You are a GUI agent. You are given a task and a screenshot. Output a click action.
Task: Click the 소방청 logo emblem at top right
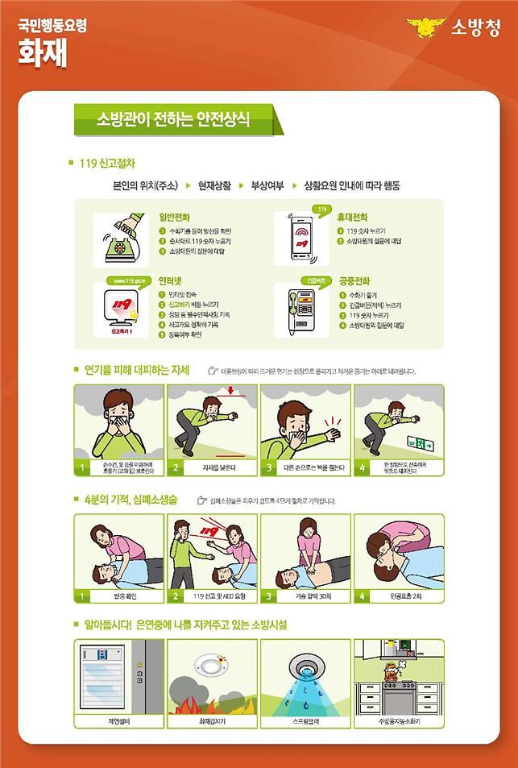click(425, 28)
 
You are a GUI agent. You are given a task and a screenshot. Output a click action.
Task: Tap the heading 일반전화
click(176, 217)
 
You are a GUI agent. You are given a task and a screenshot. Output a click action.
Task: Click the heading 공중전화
click(354, 281)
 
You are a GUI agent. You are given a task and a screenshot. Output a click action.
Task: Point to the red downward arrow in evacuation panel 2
click(231, 392)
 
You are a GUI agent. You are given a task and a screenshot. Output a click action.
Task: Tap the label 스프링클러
click(306, 720)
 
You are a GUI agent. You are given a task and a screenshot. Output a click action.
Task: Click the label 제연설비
click(118, 720)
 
